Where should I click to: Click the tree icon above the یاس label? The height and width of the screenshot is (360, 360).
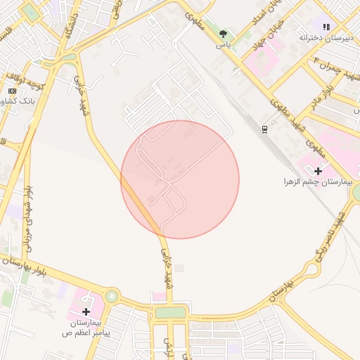pyautogui.click(x=224, y=34)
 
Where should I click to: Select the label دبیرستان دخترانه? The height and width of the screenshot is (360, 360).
pyautogui.click(x=325, y=37)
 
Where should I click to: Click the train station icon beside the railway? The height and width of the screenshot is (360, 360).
pyautogui.click(x=264, y=129)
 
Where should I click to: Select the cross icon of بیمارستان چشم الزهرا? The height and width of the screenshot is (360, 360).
pyautogui.click(x=318, y=170)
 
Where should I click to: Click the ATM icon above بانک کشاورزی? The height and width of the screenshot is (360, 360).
pyautogui.click(x=12, y=91)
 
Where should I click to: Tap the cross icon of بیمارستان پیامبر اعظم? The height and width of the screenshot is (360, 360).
pyautogui.click(x=86, y=311)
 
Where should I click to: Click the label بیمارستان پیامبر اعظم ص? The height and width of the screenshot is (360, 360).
pyautogui.click(x=86, y=325)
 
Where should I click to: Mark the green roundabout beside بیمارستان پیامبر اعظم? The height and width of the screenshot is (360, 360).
pyautogui.click(x=112, y=296)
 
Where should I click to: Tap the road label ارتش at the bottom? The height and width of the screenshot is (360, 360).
pyautogui.click(x=167, y=346)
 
